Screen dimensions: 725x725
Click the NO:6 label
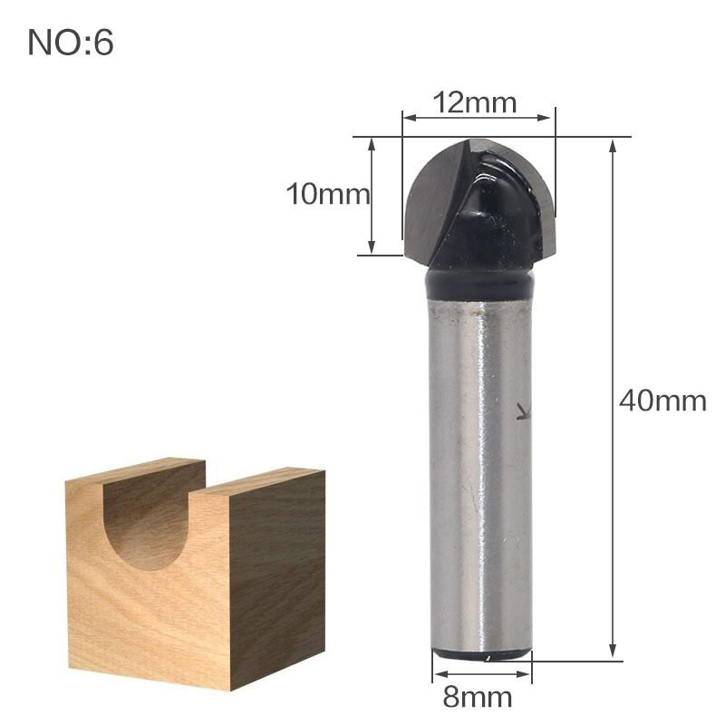click(x=71, y=43)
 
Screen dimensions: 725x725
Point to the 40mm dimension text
click(x=662, y=400)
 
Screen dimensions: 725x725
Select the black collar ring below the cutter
click(x=478, y=283)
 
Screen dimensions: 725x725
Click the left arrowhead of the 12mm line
click(x=408, y=117)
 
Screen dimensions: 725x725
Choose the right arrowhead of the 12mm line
click(x=547, y=117)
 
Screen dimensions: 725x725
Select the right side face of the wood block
click(x=276, y=571)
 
